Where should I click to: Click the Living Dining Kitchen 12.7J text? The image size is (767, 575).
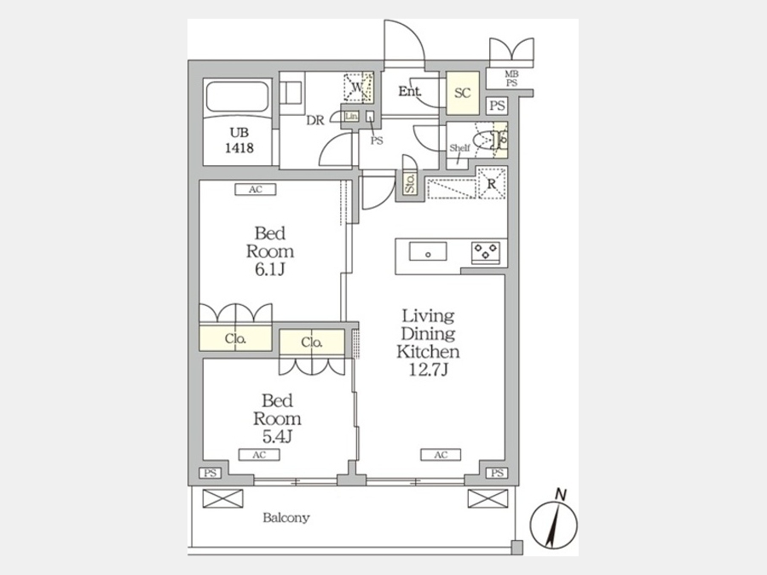pyautogui.click(x=430, y=342)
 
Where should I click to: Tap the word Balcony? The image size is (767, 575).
pyautogui.click(x=285, y=517)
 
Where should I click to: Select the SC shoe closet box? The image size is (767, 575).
pyautogui.click(x=463, y=93)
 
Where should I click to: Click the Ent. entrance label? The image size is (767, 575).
pyautogui.click(x=410, y=90)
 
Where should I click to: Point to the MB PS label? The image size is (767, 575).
pyautogui.click(x=511, y=78)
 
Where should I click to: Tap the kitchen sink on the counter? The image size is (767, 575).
pyautogui.click(x=428, y=251)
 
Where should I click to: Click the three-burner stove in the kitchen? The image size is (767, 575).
pyautogui.click(x=487, y=251)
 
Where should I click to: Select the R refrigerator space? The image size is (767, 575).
pyautogui.click(x=492, y=182)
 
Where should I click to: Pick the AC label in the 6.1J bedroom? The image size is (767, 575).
pyautogui.click(x=255, y=190)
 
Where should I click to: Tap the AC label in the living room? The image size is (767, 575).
pyautogui.click(x=441, y=455)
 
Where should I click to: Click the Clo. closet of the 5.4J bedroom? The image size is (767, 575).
pyautogui.click(x=312, y=342)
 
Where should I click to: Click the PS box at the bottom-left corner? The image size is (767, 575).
pyautogui.click(x=209, y=474)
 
